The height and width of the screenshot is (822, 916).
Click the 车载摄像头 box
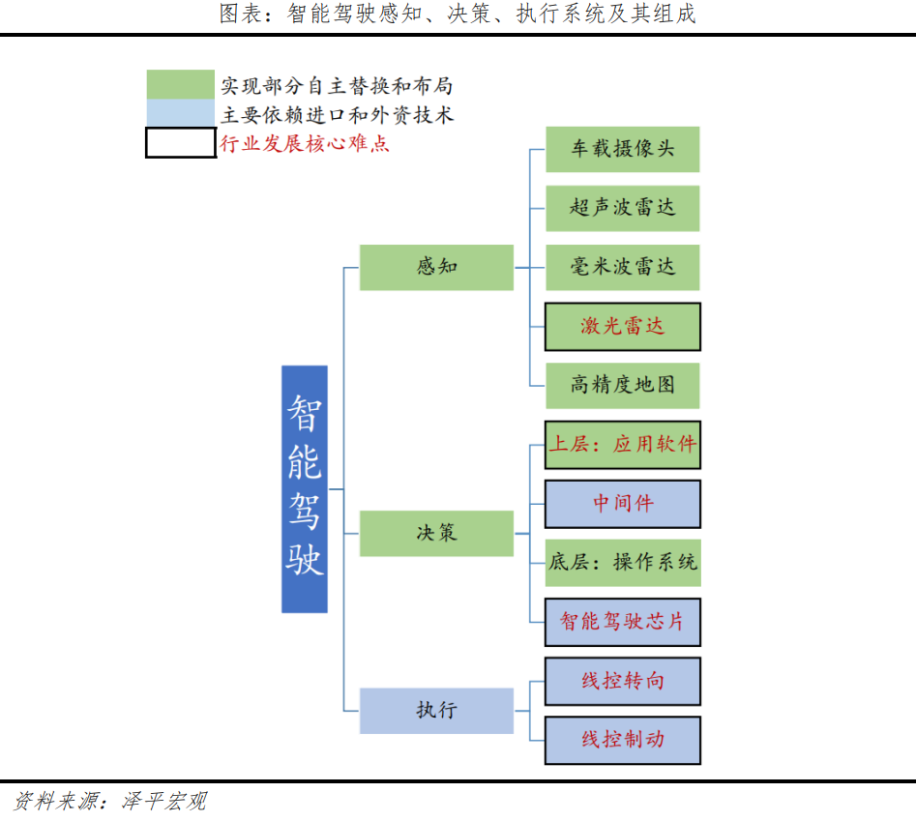click(x=622, y=150)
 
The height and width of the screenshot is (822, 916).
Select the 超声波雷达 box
click(x=622, y=208)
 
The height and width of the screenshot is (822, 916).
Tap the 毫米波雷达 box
click(x=622, y=267)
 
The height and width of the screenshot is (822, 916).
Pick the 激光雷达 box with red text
click(x=622, y=327)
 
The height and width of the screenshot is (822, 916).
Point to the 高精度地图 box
click(x=622, y=386)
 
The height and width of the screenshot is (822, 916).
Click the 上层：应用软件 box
click(x=622, y=445)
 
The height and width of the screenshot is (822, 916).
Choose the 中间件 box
click(x=622, y=504)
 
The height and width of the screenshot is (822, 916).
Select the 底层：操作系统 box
click(x=622, y=563)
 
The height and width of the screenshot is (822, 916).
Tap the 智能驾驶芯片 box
click(x=622, y=622)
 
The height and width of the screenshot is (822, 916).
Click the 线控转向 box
click(x=622, y=681)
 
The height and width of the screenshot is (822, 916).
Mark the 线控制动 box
click(x=622, y=740)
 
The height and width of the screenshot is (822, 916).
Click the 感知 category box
click(x=436, y=267)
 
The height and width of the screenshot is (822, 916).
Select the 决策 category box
click(x=436, y=533)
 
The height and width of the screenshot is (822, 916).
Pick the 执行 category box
click(x=436, y=711)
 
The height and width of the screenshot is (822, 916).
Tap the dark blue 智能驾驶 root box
click(x=305, y=488)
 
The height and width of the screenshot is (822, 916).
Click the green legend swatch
click(x=181, y=85)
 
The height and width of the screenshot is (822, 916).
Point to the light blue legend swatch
click(x=181, y=114)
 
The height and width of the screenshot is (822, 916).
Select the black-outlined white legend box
click(x=181, y=143)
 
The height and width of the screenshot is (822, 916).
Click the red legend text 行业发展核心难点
click(x=306, y=144)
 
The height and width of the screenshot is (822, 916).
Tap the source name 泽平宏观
click(x=163, y=802)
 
